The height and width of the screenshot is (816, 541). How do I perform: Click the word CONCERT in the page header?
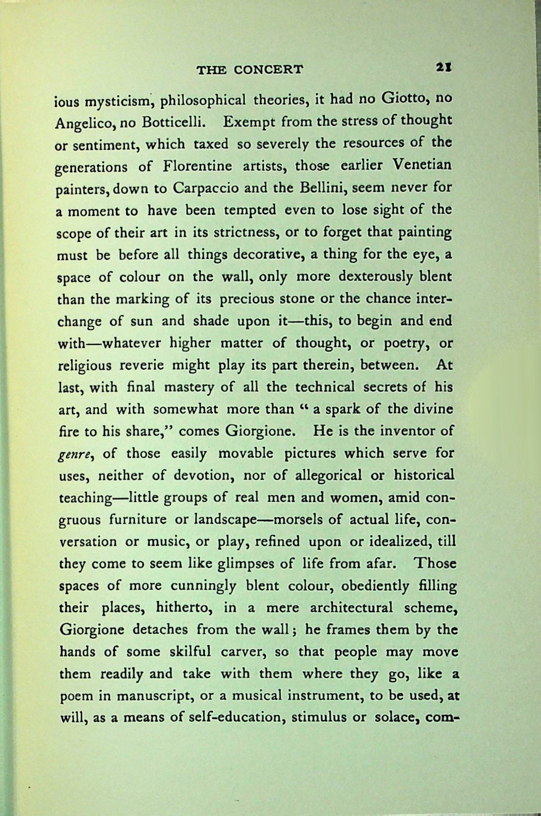point(269,70)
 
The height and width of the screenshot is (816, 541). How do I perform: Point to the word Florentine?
point(198,166)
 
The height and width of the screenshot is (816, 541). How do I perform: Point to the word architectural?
point(352,608)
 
